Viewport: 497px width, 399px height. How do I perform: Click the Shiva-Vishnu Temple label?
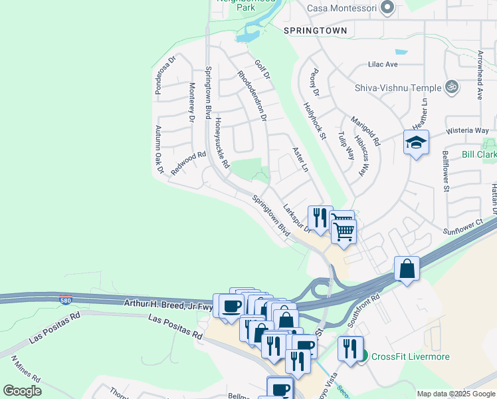tap(398, 88)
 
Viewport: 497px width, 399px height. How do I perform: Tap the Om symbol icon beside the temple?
tap(452, 87)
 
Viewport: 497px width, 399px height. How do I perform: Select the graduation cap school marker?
tap(416, 142)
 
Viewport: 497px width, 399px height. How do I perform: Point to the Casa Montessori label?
tap(342, 9)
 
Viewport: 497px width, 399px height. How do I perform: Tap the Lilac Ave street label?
tap(383, 65)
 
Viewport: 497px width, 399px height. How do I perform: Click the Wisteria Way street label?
tap(467, 130)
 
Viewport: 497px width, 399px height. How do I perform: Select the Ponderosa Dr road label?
tap(165, 74)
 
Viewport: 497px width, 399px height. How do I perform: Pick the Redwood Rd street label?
tap(188, 163)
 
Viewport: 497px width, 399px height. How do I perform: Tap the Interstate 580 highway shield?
tap(65, 300)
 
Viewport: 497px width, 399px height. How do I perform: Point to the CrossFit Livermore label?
tap(410, 356)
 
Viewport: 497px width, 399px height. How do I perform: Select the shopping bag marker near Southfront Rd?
tap(407, 269)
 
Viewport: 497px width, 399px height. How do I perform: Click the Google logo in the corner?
tap(22, 391)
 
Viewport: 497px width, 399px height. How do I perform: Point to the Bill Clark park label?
tap(479, 155)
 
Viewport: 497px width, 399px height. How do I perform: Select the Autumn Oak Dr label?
tap(159, 150)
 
